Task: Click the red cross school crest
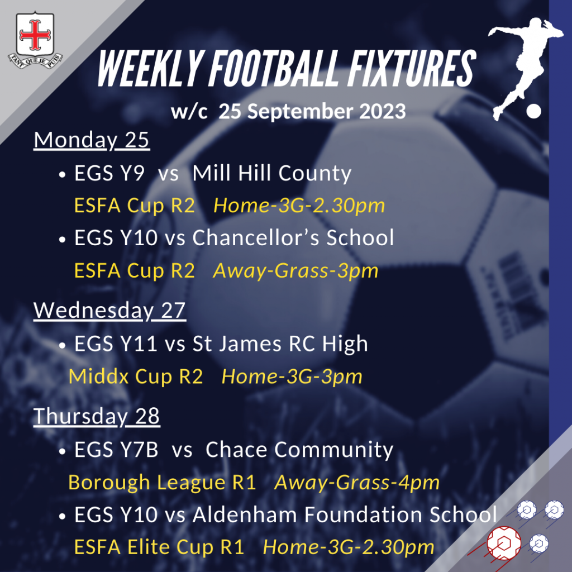pos(35,40)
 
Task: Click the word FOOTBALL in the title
pos(276,69)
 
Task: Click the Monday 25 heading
pos(92,140)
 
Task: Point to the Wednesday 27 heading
pos(110,311)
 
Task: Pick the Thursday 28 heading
pos(97,416)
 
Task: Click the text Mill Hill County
pos(272,173)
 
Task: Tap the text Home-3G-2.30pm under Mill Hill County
pos(299,206)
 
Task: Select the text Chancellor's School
pos(293,238)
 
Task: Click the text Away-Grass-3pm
pos(295,271)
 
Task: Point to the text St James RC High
pos(280,344)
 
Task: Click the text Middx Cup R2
pos(136,376)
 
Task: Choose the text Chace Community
pos(299,450)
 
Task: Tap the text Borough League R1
pos(163,483)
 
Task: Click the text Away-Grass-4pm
pos(357,483)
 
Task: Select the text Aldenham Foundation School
pos(345,514)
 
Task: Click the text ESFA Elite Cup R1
pos(159,547)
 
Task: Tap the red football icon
pos(504,544)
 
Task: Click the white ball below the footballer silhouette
pos(533,111)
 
